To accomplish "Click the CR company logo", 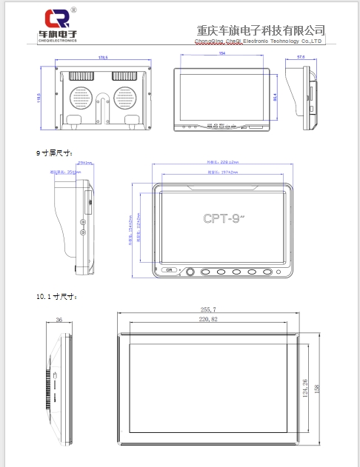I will (61, 19).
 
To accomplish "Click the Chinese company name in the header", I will (261, 30).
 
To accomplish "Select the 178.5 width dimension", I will (103, 57).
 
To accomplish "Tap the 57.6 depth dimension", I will (301, 56).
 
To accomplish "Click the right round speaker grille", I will (125, 99).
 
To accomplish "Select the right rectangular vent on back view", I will (125, 75).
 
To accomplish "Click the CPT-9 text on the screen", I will (223, 219).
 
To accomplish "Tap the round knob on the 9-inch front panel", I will (190, 272).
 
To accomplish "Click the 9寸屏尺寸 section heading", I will (54, 152).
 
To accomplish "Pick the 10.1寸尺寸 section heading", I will (56, 297).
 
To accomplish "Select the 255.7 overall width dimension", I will (209, 309).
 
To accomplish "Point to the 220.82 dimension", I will (209, 319).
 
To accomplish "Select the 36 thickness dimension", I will (59, 320).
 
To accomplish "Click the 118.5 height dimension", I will (39, 98).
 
